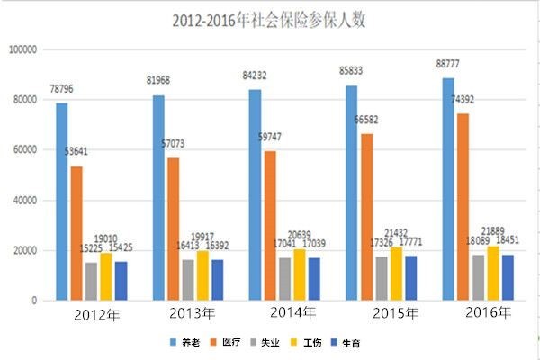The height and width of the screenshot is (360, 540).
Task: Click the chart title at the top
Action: [269, 20]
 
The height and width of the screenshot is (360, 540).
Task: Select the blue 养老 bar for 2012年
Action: [62, 202]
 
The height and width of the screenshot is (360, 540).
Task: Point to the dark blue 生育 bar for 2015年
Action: [410, 278]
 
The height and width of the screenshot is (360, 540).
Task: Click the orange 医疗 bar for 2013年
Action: [171, 229]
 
